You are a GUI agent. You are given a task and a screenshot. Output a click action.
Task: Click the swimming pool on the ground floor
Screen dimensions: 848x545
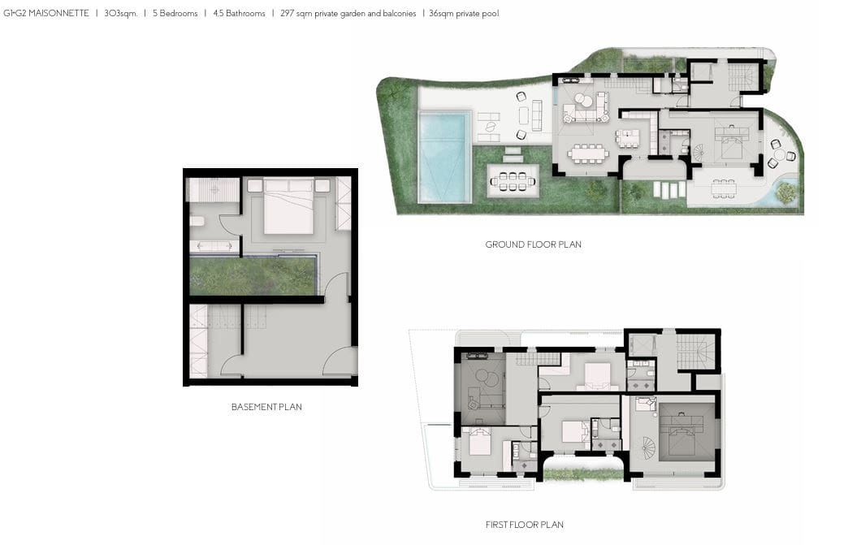click(x=443, y=157)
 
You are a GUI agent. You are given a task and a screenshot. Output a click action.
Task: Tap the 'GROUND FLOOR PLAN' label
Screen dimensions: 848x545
click(x=533, y=244)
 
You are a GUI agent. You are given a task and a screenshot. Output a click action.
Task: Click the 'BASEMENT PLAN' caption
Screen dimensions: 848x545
click(x=266, y=407)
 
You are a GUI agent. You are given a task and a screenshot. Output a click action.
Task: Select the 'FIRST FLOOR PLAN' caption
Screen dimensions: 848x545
click(x=524, y=525)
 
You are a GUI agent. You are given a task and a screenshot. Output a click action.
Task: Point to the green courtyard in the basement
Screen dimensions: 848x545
click(x=253, y=275)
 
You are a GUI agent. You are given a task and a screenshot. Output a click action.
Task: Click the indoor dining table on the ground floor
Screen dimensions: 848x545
click(x=588, y=154)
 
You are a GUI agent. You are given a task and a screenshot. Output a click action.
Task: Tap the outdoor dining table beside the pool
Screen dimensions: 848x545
click(x=513, y=181)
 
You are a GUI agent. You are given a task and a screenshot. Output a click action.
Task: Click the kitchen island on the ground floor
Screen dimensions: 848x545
click(x=627, y=138)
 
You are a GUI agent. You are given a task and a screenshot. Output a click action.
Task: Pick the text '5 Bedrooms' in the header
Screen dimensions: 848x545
click(x=175, y=14)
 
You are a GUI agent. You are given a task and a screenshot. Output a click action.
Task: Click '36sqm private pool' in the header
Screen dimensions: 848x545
click(x=464, y=14)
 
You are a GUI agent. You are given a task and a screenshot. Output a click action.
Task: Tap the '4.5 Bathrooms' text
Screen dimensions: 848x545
click(x=239, y=14)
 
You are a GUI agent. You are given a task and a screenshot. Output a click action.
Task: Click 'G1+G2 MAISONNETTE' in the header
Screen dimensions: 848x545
click(x=46, y=14)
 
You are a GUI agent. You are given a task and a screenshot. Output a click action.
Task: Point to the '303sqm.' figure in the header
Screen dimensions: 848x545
click(x=120, y=14)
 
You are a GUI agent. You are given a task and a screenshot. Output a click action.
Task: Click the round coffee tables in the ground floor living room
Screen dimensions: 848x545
click(x=582, y=101)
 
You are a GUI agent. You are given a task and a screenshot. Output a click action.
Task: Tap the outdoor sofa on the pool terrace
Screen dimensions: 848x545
click(x=537, y=115)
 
